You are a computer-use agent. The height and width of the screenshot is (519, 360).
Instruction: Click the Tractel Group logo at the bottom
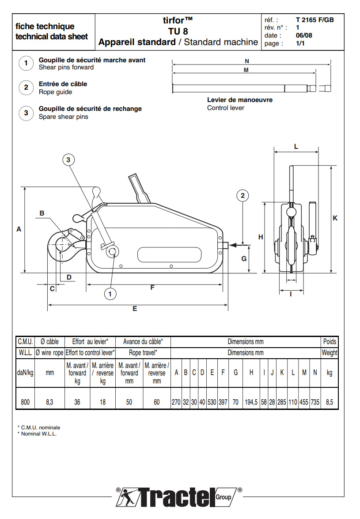click(179, 497)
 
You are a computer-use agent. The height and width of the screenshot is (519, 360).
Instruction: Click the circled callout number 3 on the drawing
click(68, 160)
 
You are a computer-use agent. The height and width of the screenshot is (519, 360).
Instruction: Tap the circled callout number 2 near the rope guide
click(243, 195)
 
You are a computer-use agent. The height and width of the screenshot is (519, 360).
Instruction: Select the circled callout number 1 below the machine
click(110, 293)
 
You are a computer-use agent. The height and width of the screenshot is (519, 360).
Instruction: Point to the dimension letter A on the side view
click(19, 229)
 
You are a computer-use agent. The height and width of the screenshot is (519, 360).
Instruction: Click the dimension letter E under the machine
click(135, 309)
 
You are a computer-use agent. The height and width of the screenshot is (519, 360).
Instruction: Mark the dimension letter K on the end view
click(335, 218)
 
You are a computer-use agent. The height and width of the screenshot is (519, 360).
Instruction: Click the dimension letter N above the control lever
click(246, 61)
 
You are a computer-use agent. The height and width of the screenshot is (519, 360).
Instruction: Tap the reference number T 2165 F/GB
click(315, 20)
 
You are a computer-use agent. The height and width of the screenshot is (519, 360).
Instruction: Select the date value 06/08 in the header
click(303, 35)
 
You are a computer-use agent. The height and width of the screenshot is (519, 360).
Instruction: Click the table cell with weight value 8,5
click(329, 402)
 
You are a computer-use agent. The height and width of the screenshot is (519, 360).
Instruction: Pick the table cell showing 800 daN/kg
click(25, 402)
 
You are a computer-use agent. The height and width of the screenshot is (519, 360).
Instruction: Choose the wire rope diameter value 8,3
click(50, 402)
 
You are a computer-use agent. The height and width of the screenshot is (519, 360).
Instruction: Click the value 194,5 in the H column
click(251, 402)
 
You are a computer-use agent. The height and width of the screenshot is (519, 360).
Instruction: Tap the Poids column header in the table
click(330, 341)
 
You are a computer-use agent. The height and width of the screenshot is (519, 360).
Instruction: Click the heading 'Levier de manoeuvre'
click(240, 100)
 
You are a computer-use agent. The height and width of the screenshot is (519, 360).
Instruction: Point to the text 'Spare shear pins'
click(63, 117)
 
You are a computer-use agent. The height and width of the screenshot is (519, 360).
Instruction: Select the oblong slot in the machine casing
click(170, 255)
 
